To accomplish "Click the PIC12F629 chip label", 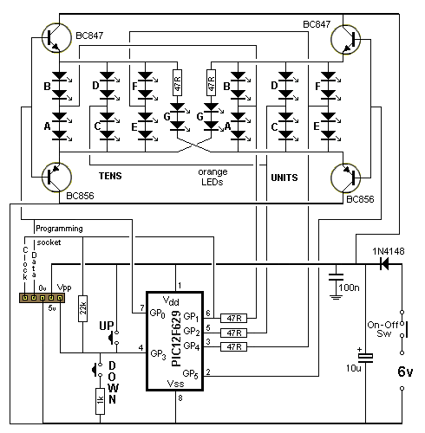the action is pyautogui.click(x=176, y=339).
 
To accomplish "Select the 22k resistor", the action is pyautogui.click(x=82, y=308).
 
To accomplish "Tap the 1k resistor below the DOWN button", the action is pyautogui.click(x=100, y=401).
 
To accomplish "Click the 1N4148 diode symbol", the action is pyautogui.click(x=384, y=264).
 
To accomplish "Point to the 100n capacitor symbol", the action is pyautogui.click(x=336, y=277).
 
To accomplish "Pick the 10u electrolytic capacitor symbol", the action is pyautogui.click(x=365, y=358).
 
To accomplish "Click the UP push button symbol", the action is pyautogui.click(x=114, y=337).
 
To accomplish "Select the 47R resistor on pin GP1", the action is pyautogui.click(x=233, y=319).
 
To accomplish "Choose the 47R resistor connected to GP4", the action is pyautogui.click(x=233, y=346).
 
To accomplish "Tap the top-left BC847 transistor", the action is pyautogui.click(x=56, y=38).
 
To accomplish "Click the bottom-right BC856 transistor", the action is pyautogui.click(x=346, y=178).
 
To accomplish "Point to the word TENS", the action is pyautogui.click(x=110, y=176).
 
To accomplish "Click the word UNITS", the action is pyautogui.click(x=284, y=178).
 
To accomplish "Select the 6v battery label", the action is pyautogui.click(x=405, y=372).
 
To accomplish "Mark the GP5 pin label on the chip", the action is pyautogui.click(x=191, y=374).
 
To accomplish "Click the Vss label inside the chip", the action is pyautogui.click(x=175, y=384).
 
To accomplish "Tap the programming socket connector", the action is pyautogui.click(x=42, y=298).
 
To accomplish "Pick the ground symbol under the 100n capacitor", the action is pyautogui.click(x=336, y=297).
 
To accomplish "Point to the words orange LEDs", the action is pyautogui.click(x=212, y=177).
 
